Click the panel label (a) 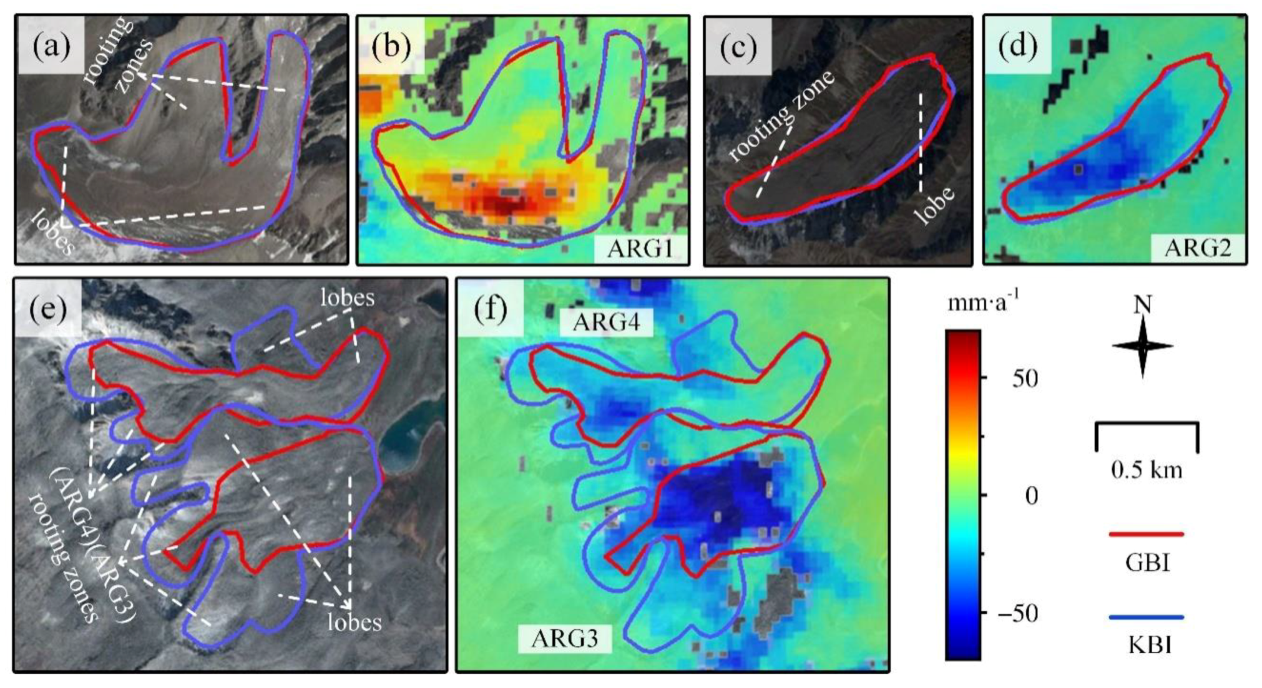click(52, 46)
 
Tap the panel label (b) click(391, 46)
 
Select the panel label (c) click(738, 46)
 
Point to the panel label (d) click(1017, 46)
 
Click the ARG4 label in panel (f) click(605, 322)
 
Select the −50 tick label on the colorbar click(1017, 614)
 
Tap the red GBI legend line click(1146, 534)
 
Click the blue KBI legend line click(1146, 618)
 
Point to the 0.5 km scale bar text click(1147, 469)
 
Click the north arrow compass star click(1142, 346)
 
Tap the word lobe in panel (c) click(934, 205)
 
